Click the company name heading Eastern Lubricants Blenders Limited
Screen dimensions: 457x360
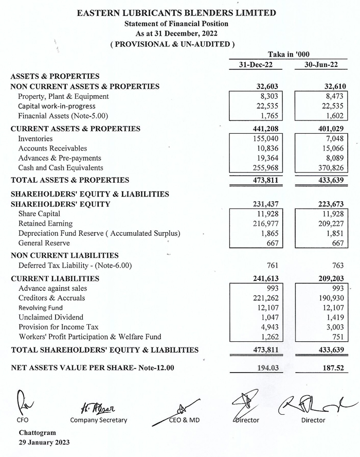(176, 13)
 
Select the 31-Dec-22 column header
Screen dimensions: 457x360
(256, 65)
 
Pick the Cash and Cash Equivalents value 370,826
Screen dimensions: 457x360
(329, 168)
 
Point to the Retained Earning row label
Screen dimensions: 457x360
(45, 224)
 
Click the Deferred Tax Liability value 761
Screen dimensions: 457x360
(272, 266)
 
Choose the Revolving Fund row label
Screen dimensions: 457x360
(41, 308)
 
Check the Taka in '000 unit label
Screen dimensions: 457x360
(289, 55)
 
